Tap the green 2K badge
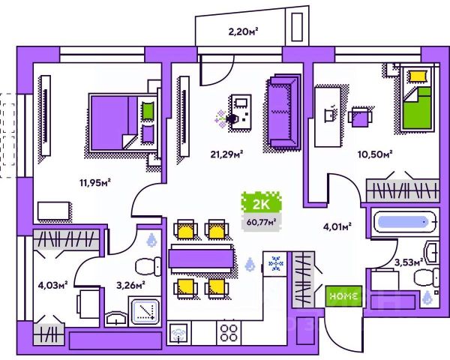pyautogui.click(x=259, y=203)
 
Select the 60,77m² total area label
pyautogui.click(x=259, y=221)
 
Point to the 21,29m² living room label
pyautogui.click(x=226, y=155)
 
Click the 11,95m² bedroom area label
pyautogui.click(x=95, y=182)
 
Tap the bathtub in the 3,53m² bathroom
pyautogui.click(x=404, y=222)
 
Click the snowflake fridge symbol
pyautogui.click(x=275, y=264)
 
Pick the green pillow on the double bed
pyautogui.click(x=148, y=110)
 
